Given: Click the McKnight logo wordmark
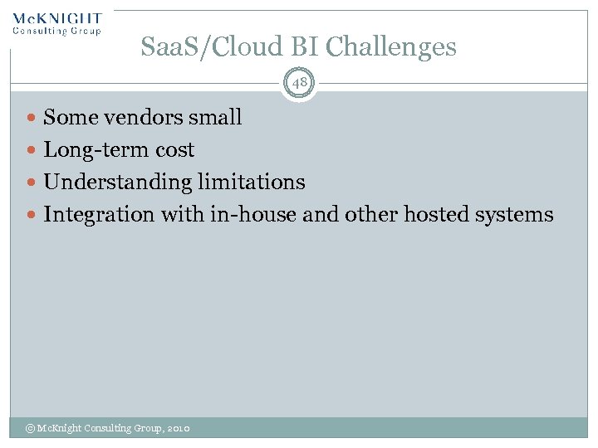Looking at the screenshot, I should click(57, 18).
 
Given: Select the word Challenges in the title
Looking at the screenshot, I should click(391, 47).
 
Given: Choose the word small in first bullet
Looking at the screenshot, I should click(215, 118).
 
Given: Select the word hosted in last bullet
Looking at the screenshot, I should click(435, 215).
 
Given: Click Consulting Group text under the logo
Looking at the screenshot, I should click(57, 32).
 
